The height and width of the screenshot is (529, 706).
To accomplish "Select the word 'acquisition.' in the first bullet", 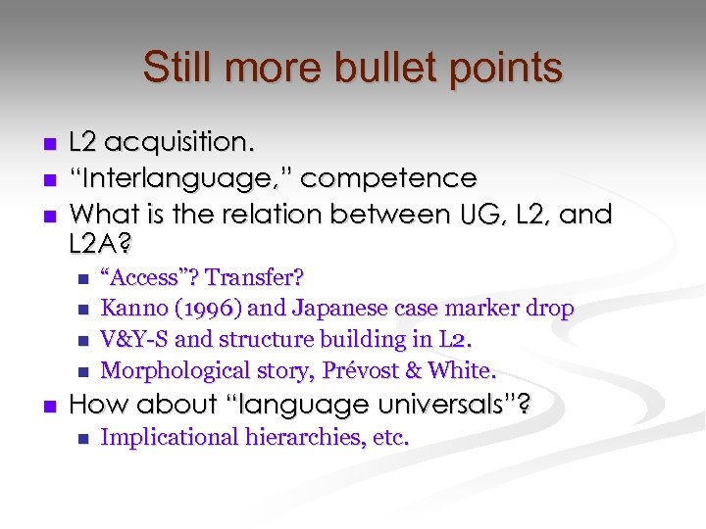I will click(x=180, y=144).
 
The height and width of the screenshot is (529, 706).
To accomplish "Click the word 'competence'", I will click(x=388, y=178).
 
